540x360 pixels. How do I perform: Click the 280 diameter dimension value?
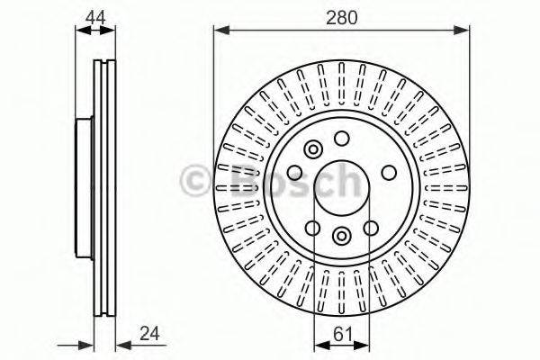coord(342,15)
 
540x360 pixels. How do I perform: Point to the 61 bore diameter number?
coord(342,333)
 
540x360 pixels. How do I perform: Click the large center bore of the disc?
coord(342,188)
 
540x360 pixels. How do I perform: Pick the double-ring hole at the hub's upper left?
coord(313,150)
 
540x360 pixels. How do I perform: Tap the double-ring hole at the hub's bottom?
coord(342,236)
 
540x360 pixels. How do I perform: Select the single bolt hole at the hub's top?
coord(342,139)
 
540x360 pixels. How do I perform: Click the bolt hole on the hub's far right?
coord(389,173)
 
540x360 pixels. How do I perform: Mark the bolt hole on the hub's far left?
coord(294,173)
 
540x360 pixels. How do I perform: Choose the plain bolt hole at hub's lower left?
coord(312,228)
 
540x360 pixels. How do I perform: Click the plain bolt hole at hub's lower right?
coord(371,228)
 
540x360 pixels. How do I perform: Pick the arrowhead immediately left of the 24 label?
coord(122,344)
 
